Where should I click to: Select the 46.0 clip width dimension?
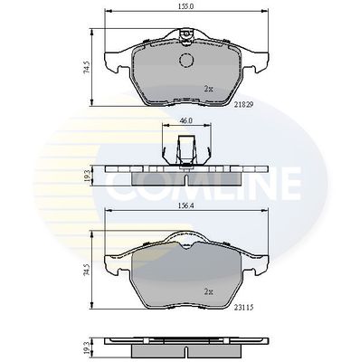[x=186, y=120]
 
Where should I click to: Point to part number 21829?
[x=243, y=104]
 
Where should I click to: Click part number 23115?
[x=243, y=308]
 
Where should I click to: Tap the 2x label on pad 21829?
[x=208, y=89]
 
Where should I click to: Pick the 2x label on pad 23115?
[x=208, y=291]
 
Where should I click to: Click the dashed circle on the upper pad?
[x=186, y=60]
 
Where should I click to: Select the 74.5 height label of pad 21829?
[x=87, y=67]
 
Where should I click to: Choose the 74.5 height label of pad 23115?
[x=87, y=270]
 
